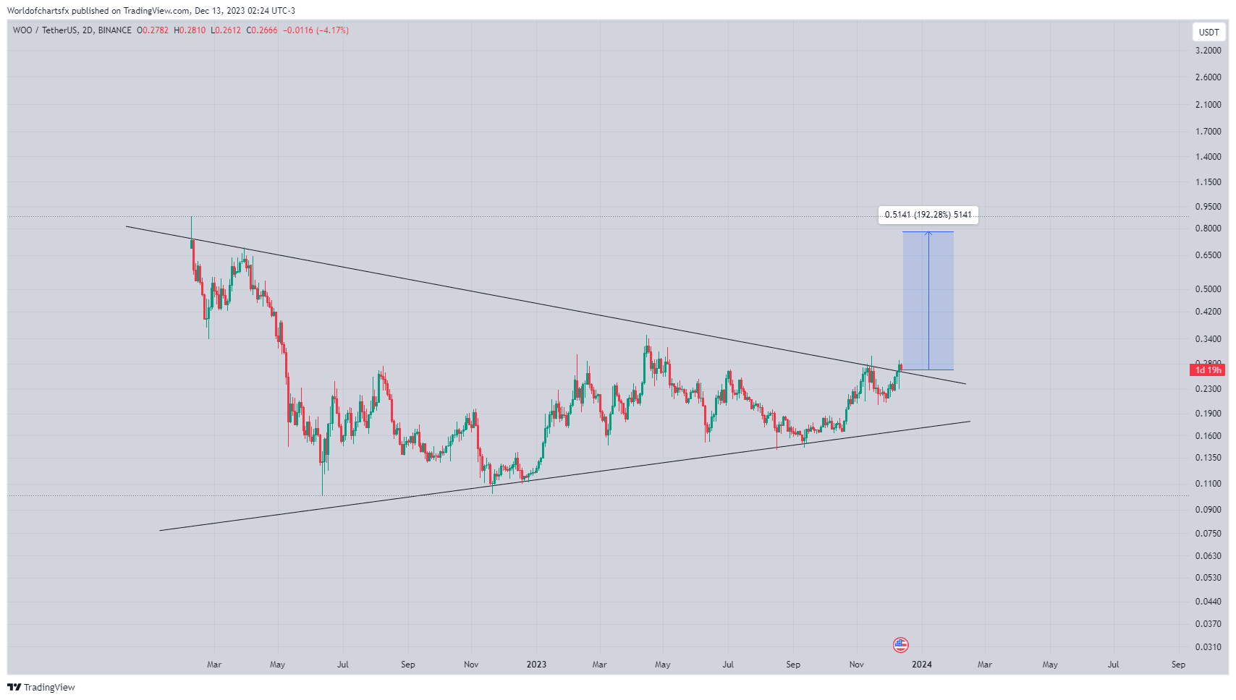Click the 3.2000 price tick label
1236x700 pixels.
[1208, 51]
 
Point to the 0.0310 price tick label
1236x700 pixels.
[1208, 646]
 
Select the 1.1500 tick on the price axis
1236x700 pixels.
[1208, 182]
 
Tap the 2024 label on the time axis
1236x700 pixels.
[921, 665]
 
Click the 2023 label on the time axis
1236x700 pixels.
[536, 665]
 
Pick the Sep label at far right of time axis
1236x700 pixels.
[1178, 665]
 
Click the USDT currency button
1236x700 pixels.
[1209, 32]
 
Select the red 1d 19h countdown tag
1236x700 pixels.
[1207, 370]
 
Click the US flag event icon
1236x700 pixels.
[900, 644]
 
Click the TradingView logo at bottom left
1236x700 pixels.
[41, 687]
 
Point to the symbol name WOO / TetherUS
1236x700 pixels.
[46, 30]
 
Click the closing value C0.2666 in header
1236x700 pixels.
[262, 30]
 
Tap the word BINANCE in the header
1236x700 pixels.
[115, 30]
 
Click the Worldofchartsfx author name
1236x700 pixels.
[38, 11]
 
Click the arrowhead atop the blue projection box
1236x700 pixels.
[928, 233]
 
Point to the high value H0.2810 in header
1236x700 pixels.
[190, 30]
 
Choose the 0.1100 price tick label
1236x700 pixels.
[1208, 483]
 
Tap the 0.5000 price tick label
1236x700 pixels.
[1208, 289]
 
